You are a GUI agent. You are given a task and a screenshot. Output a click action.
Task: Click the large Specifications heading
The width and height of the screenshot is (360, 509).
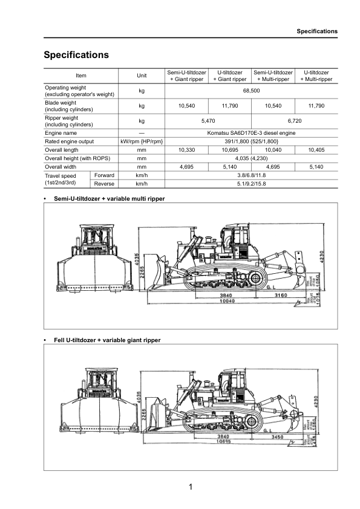[76, 55]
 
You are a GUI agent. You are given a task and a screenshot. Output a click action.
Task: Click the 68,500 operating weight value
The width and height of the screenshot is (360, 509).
[250, 91]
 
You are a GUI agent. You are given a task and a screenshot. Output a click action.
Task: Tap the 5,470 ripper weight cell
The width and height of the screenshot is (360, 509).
[208, 121]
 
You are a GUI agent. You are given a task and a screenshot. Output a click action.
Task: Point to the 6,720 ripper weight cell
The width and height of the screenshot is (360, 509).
[294, 121]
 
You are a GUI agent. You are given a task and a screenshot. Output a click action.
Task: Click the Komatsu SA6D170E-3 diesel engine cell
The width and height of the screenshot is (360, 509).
[250, 132]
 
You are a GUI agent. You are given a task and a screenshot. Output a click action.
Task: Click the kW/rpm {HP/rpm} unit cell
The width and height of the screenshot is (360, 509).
[142, 141]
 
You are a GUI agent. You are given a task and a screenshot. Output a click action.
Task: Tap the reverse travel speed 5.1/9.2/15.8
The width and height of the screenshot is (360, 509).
[250, 183]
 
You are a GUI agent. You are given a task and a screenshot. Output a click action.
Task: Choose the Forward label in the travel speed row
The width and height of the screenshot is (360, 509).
[104, 175]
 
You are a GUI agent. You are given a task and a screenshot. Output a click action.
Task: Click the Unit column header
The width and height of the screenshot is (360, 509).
[142, 76]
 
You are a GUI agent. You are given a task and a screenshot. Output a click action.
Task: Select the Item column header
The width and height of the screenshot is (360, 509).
[81, 76]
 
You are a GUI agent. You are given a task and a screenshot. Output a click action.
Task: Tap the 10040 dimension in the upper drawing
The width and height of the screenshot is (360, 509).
[227, 301]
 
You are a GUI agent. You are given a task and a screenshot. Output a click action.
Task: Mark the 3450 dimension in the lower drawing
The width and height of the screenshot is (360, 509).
[278, 436]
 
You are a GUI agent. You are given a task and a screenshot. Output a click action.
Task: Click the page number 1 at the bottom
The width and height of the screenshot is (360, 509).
[189, 487]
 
